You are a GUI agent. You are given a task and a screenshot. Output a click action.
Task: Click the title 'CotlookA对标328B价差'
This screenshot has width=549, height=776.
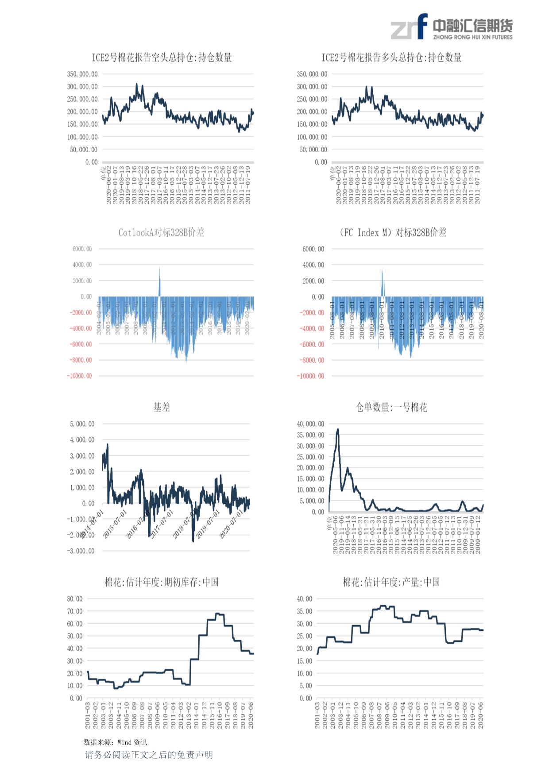(161, 232)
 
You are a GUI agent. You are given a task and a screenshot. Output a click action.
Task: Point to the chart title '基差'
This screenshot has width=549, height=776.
(162, 407)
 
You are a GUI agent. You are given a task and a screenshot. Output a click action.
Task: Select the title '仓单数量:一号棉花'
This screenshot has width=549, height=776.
(391, 407)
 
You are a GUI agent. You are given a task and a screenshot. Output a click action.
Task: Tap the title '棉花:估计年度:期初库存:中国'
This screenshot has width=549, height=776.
(162, 582)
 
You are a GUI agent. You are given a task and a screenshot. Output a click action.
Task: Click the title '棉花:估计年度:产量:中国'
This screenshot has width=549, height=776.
(391, 582)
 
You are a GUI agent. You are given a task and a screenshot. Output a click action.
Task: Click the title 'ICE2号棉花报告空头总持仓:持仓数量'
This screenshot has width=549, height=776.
(162, 58)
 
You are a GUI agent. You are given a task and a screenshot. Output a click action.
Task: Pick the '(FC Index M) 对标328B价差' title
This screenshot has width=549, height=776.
(393, 232)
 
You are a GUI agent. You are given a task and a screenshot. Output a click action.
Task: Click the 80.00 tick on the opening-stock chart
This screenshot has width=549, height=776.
(75, 599)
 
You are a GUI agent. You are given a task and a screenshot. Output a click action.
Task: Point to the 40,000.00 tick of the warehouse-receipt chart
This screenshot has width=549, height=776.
(310, 424)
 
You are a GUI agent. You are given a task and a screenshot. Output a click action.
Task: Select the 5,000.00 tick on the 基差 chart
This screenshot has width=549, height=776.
(82, 424)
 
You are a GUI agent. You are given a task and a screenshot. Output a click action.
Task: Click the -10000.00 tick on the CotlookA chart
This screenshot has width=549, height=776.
(80, 376)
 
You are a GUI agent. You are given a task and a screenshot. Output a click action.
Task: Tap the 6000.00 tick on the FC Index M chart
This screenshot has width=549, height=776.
(313, 249)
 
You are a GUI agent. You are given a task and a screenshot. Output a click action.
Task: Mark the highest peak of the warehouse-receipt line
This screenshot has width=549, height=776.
(338, 429)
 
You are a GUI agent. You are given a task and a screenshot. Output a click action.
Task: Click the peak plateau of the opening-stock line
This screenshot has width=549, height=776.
(219, 614)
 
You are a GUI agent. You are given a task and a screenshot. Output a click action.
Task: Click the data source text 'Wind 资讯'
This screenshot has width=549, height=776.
(132, 742)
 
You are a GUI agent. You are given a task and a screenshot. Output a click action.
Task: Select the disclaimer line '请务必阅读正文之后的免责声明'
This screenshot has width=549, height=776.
(149, 755)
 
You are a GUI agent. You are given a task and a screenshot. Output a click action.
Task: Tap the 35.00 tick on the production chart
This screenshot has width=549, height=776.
(305, 611)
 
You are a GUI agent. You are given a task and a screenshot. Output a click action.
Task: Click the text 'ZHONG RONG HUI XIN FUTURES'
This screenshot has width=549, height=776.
(473, 38)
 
